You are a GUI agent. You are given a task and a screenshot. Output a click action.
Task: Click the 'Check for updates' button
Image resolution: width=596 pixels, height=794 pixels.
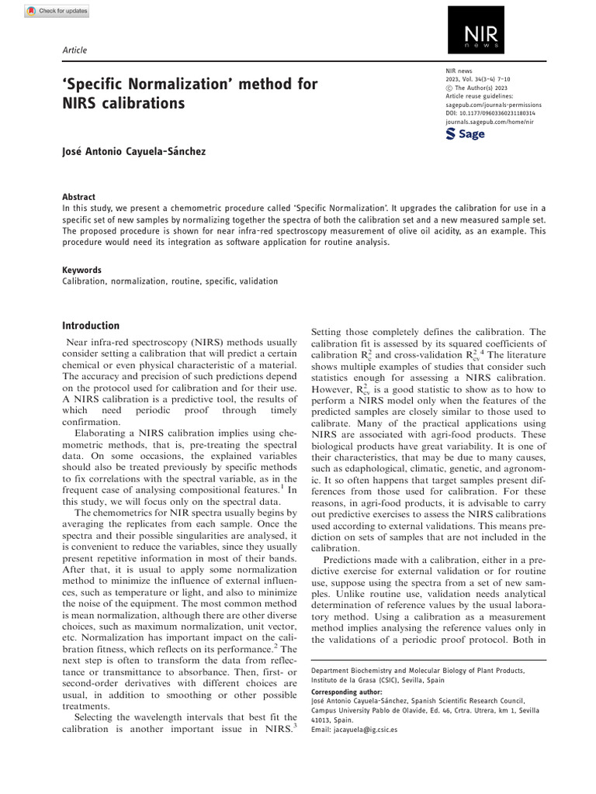point(56,11)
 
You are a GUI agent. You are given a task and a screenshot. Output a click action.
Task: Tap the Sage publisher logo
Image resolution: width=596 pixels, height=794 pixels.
point(466,134)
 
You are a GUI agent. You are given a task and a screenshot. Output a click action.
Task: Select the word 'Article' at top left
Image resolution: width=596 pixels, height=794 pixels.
point(74,50)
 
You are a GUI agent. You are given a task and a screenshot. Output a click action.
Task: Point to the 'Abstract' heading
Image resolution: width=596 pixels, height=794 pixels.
point(79,197)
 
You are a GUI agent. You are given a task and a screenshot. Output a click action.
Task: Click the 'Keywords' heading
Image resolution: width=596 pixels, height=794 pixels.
point(81,271)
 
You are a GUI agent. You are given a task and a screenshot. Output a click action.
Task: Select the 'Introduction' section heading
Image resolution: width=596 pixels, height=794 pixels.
point(91,326)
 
